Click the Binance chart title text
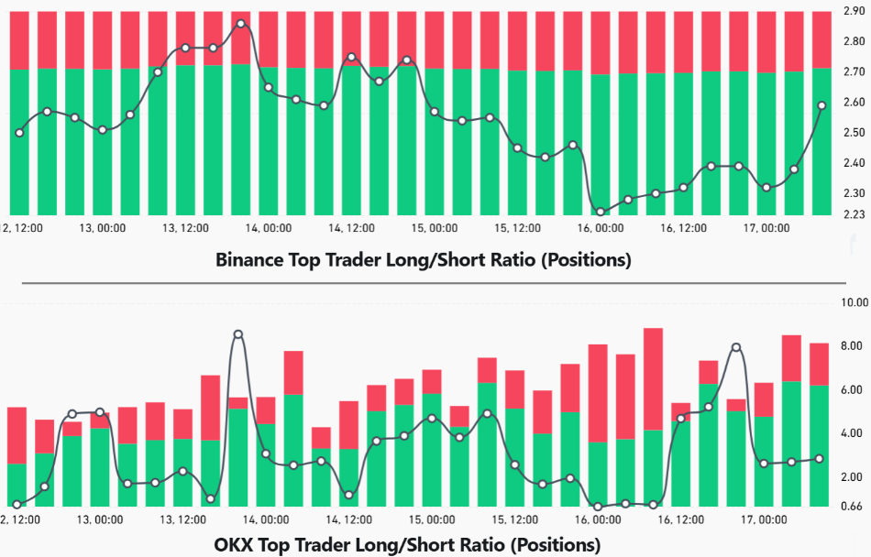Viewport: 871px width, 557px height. [424, 259]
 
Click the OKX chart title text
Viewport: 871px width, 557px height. [407, 545]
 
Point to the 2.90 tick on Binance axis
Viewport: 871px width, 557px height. [854, 11]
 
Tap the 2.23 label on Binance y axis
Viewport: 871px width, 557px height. [854, 214]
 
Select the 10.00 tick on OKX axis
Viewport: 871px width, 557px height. [854, 302]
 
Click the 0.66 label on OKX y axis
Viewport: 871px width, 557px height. [854, 507]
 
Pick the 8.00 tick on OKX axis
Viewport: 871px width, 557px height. [854, 346]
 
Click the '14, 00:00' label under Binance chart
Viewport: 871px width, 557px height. [269, 228]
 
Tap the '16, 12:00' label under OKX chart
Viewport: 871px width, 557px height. [678, 519]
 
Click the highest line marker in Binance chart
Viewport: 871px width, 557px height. [241, 24]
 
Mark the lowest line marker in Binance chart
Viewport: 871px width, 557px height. [601, 213]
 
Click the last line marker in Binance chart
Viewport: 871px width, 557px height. [821, 105]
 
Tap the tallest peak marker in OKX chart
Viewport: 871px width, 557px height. [238, 334]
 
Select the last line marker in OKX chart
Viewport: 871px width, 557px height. [819, 458]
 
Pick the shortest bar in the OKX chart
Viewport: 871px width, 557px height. [321, 466]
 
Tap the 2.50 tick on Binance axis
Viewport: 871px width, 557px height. [854, 133]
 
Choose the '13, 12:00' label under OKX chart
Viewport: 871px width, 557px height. [184, 519]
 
